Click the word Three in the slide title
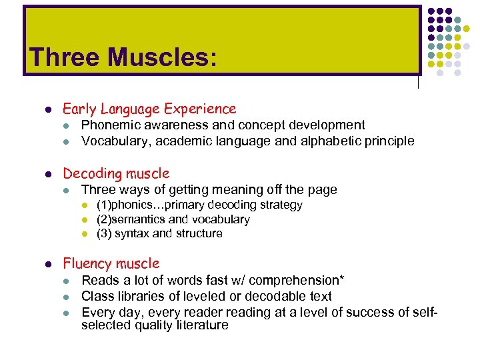pyautogui.click(x=62, y=57)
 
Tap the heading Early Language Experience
pyautogui.click(x=149, y=109)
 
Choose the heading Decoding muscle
pyautogui.click(x=116, y=174)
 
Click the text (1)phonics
pyautogui.click(x=125, y=205)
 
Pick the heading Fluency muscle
pyautogui.click(x=111, y=263)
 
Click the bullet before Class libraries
pyautogui.click(x=67, y=297)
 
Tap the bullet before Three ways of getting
pyautogui.click(x=67, y=191)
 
